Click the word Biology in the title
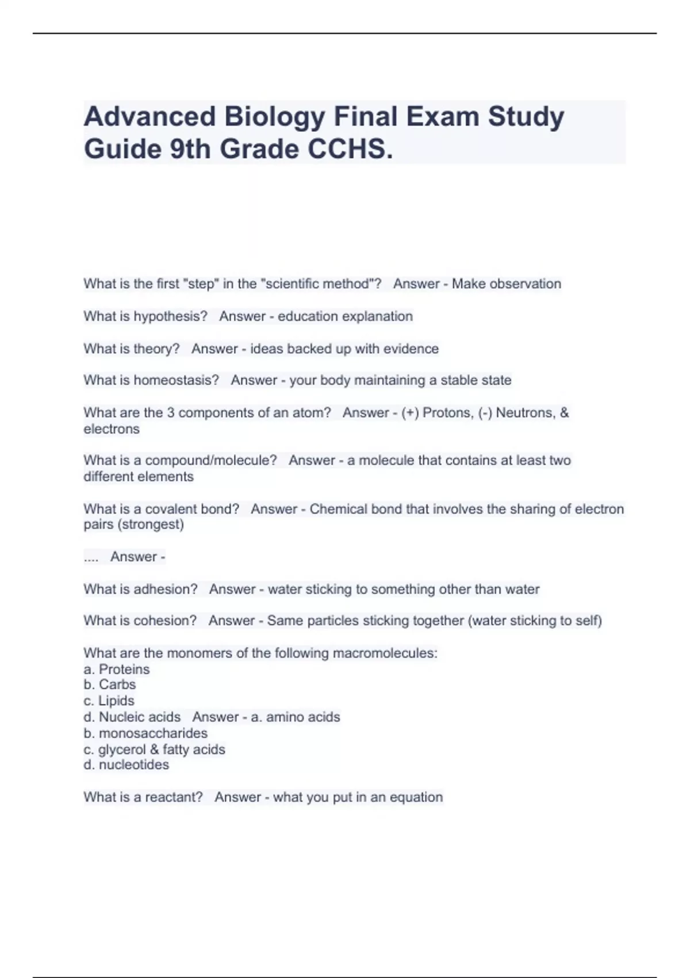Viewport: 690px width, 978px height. click(x=274, y=117)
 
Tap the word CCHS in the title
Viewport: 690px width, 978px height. click(x=349, y=150)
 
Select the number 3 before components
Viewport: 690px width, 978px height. click(x=170, y=413)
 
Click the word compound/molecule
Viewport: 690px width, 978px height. click(x=211, y=461)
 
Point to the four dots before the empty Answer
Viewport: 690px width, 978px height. click(x=91, y=557)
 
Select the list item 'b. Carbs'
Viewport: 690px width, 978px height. click(x=110, y=685)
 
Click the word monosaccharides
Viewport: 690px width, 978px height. click(x=153, y=733)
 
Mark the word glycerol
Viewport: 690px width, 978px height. click(x=122, y=750)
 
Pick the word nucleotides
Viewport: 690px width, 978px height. click(x=134, y=765)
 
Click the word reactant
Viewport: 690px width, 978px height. click(x=174, y=797)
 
